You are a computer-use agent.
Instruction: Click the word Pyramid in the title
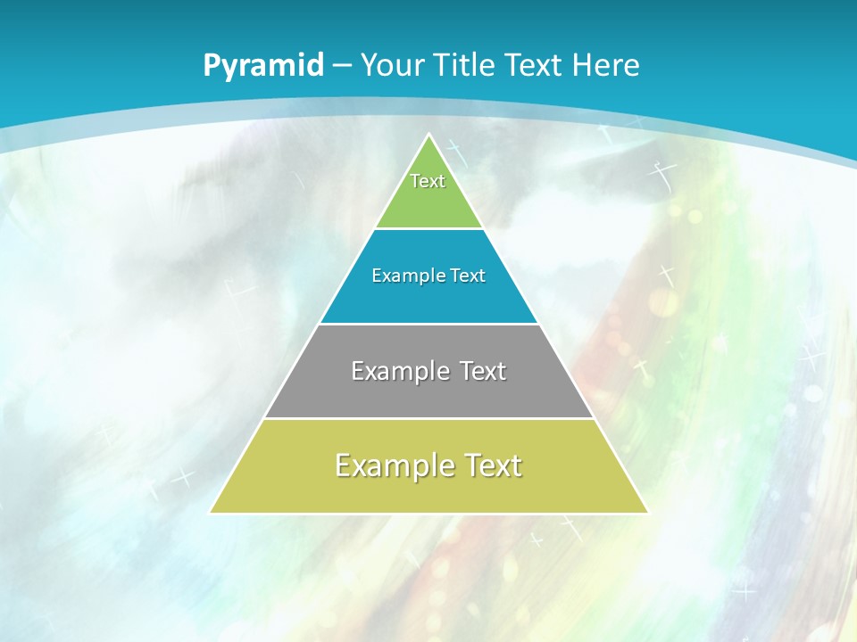tap(263, 66)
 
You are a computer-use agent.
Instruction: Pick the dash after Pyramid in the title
tap(341, 66)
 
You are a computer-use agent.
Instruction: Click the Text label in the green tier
tap(428, 181)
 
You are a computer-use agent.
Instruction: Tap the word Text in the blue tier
tap(468, 276)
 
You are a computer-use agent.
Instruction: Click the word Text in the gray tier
tap(483, 371)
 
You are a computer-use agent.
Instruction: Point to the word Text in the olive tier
tap(493, 465)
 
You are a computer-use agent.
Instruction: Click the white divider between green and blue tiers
tap(428, 228)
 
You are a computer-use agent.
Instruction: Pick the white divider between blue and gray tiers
tap(428, 324)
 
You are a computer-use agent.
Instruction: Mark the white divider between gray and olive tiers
tap(428, 418)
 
